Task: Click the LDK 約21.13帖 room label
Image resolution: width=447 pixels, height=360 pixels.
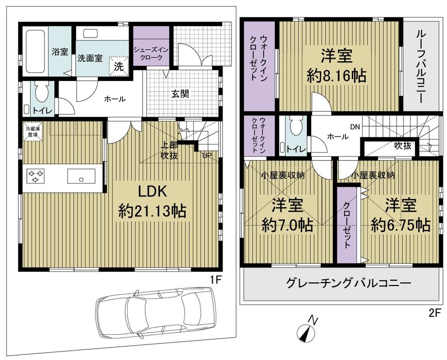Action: pyautogui.click(x=152, y=201)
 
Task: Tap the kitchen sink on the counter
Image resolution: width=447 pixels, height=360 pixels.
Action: pyautogui.click(x=81, y=176)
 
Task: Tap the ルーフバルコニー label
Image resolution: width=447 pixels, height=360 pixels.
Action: pyautogui.click(x=421, y=64)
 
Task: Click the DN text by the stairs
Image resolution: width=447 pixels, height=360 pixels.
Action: pyautogui.click(x=355, y=127)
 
